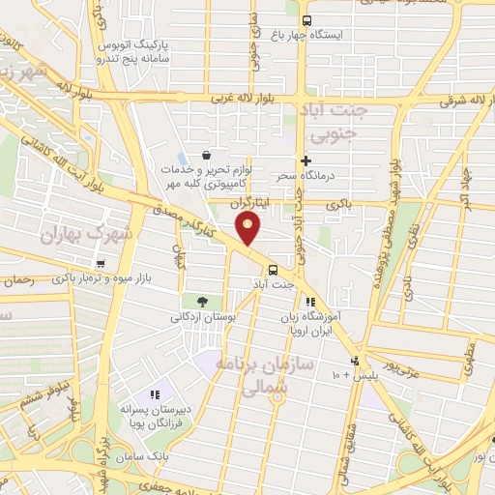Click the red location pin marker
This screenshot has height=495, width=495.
coord(248,228)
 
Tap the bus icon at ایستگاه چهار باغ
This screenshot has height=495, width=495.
coord(306,20)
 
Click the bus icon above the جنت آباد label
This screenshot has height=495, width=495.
coord(273,270)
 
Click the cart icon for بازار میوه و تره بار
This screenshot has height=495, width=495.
coord(101,263)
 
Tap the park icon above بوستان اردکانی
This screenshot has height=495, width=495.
coord(201,302)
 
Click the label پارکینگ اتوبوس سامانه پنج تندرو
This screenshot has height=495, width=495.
coord(136,52)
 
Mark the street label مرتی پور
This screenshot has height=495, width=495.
coord(396,366)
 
